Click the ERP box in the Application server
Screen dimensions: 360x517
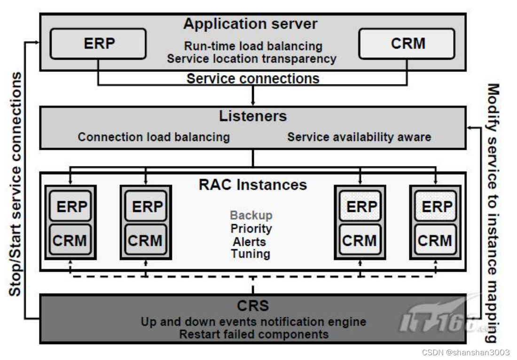tap(98, 44)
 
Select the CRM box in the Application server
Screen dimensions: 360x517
tap(407, 44)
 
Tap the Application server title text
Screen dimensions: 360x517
tap(250, 23)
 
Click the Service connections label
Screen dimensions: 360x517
tap(253, 78)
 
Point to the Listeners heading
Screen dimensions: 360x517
tap(253, 116)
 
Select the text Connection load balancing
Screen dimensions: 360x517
tap(154, 137)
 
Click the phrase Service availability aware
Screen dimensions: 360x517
tap(359, 137)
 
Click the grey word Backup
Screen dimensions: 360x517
tap(251, 215)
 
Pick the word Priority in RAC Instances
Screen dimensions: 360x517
tap(251, 228)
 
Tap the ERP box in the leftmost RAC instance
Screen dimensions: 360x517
tap(70, 206)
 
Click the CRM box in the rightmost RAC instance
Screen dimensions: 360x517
tap(435, 240)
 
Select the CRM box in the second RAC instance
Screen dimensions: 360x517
tap(145, 240)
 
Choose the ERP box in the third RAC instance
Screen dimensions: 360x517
tap(360, 206)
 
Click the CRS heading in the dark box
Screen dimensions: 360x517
tap(253, 306)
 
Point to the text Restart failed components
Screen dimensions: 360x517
tap(254, 334)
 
